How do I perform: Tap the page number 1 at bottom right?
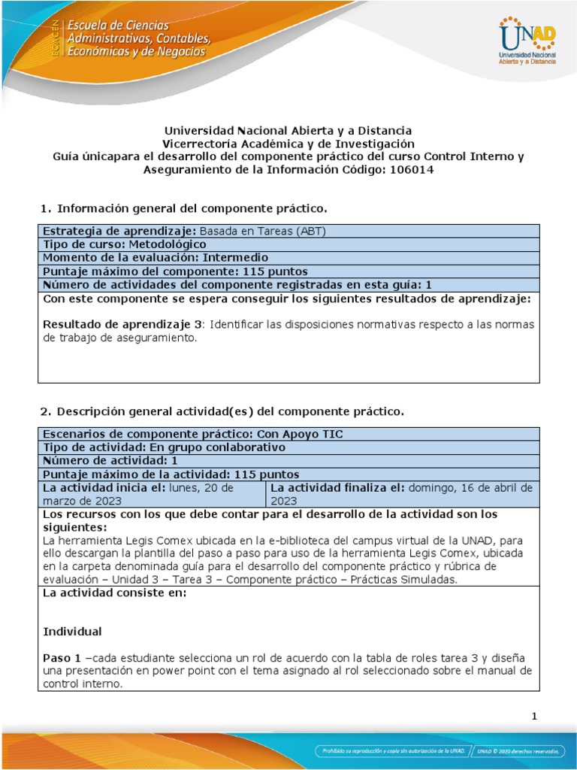[x=534, y=717]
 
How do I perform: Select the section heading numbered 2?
[x=221, y=411]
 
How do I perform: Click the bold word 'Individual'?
[x=72, y=631]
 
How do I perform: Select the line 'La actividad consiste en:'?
[x=114, y=593]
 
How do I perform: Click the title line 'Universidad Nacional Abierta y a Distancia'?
[x=288, y=131]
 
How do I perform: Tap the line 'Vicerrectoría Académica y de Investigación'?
[x=288, y=144]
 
